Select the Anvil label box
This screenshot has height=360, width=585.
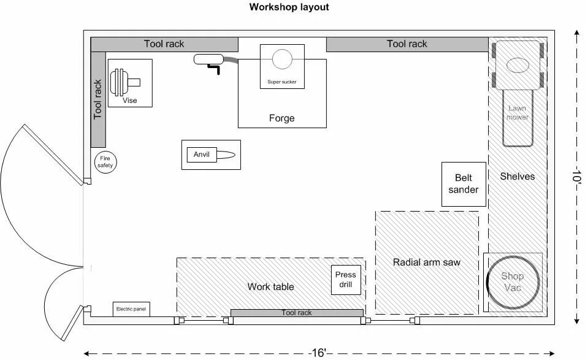201,155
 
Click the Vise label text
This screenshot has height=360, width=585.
129,101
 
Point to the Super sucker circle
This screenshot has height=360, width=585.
282,59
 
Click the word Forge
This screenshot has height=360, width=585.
281,118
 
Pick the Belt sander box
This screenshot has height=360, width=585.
463,184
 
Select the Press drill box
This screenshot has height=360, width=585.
346,280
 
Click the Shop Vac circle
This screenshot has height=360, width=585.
513,283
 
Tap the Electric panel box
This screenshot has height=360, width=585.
131,309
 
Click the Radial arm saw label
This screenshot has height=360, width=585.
426,262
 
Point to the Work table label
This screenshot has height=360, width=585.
270,287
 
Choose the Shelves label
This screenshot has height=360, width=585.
517,177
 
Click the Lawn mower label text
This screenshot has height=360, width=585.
517,113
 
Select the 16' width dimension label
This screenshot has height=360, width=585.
318,353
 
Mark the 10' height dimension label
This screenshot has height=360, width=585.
578,178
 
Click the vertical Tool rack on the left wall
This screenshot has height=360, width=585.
98,99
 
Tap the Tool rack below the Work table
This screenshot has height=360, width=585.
296,313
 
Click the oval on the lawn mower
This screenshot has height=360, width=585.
518,64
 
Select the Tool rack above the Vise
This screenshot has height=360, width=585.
164,44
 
